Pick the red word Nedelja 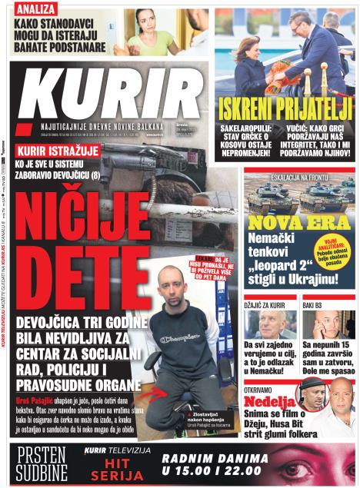271,401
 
